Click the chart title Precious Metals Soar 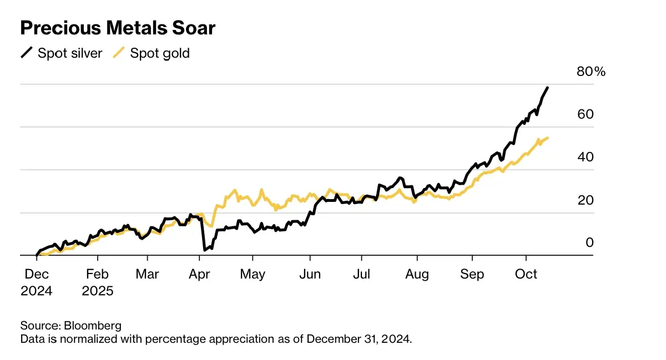(x=118, y=28)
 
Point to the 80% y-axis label (x=592, y=72)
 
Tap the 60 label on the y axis (x=585, y=114)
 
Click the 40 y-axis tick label (x=585, y=157)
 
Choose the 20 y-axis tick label (x=585, y=200)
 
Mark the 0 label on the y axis (x=589, y=242)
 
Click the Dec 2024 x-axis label (x=36, y=282)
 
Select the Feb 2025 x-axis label (x=97, y=282)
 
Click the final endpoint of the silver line (x=548, y=88)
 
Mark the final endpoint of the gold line (x=548, y=138)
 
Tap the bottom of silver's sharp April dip (x=205, y=250)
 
